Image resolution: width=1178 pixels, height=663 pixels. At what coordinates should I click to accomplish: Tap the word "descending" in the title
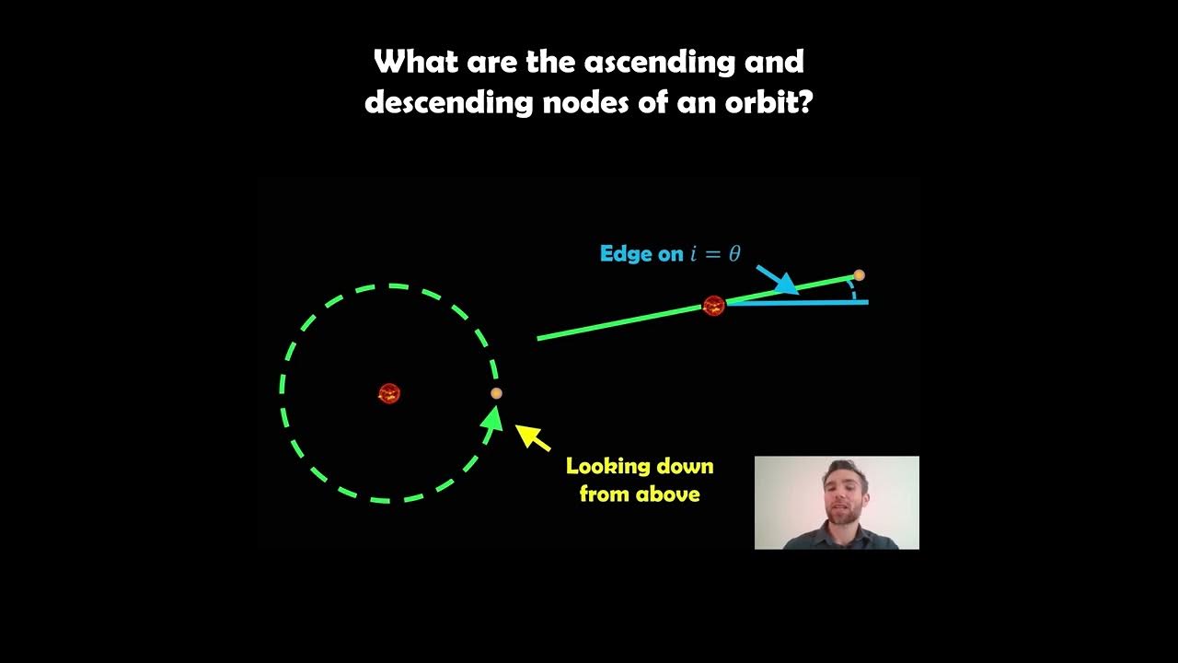449,101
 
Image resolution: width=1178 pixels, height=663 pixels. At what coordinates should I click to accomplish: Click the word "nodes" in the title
585,101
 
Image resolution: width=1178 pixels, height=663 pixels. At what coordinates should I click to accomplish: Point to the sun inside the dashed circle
389,394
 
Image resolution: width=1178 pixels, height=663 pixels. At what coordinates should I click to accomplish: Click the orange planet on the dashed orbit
496,393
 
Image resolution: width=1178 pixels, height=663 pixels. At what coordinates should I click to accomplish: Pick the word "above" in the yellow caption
669,494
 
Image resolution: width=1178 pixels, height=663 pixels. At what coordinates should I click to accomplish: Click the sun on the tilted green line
713,306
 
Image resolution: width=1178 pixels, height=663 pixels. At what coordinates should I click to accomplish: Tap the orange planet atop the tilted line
859,275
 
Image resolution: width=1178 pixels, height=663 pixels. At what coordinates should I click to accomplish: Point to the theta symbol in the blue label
734,254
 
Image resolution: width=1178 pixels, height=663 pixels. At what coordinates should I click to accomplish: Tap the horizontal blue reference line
810,302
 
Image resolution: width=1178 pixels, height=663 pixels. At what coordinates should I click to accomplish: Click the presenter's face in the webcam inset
838,493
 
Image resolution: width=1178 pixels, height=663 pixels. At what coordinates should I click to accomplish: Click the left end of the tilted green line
540,339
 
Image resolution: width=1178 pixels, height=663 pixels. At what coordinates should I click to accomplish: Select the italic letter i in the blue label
694,254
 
